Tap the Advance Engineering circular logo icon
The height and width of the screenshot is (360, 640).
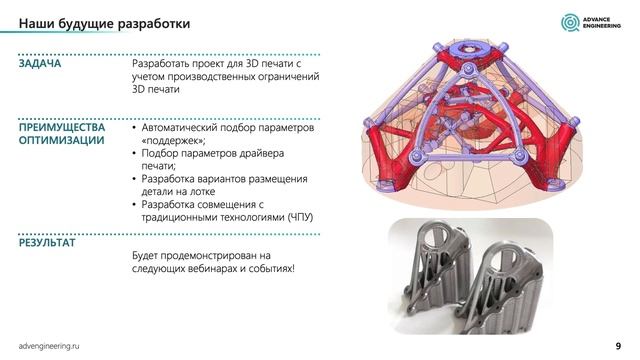pos(568,22)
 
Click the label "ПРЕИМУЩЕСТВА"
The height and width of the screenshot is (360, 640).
pos(61,129)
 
